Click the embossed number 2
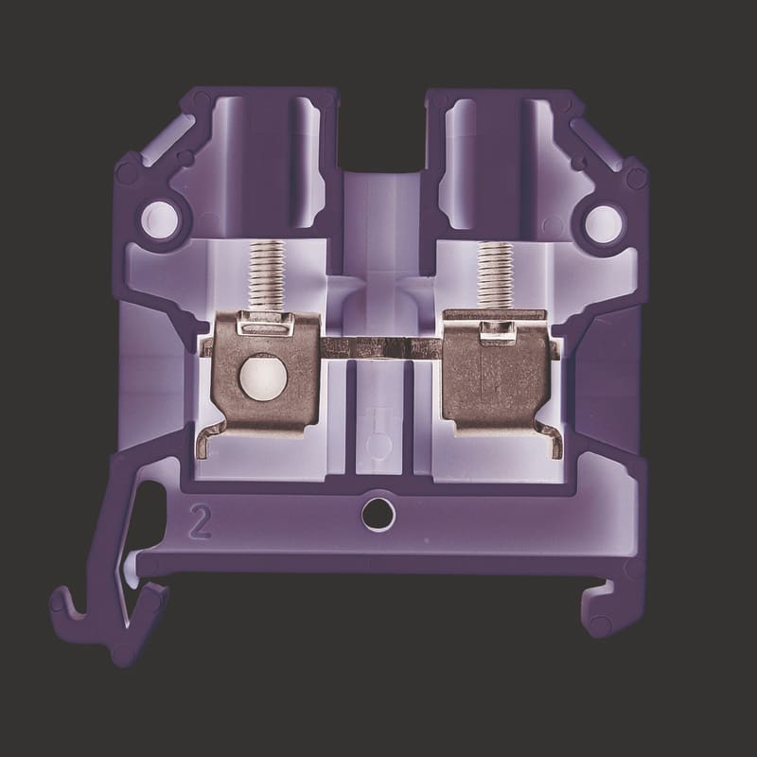201,521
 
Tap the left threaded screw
267,275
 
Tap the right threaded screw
495,275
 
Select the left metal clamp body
267,374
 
